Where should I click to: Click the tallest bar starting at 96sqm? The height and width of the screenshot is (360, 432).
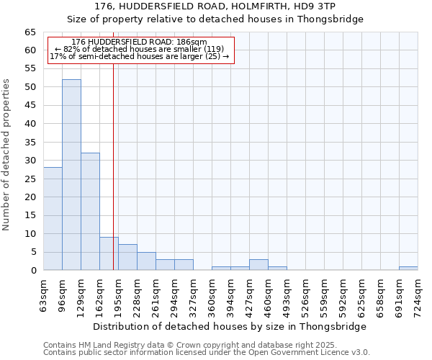[71, 175]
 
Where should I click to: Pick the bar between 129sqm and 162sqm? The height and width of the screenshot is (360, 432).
[90, 212]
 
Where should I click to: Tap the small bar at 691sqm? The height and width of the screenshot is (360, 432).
[408, 269]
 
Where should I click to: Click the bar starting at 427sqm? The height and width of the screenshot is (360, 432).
[258, 265]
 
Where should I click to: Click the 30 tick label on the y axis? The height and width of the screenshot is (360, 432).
[30, 161]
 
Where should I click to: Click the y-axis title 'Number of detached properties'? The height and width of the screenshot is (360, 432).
[6, 156]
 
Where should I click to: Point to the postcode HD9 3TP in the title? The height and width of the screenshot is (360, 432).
[325, 6]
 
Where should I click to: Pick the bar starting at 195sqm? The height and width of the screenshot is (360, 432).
[127, 258]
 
